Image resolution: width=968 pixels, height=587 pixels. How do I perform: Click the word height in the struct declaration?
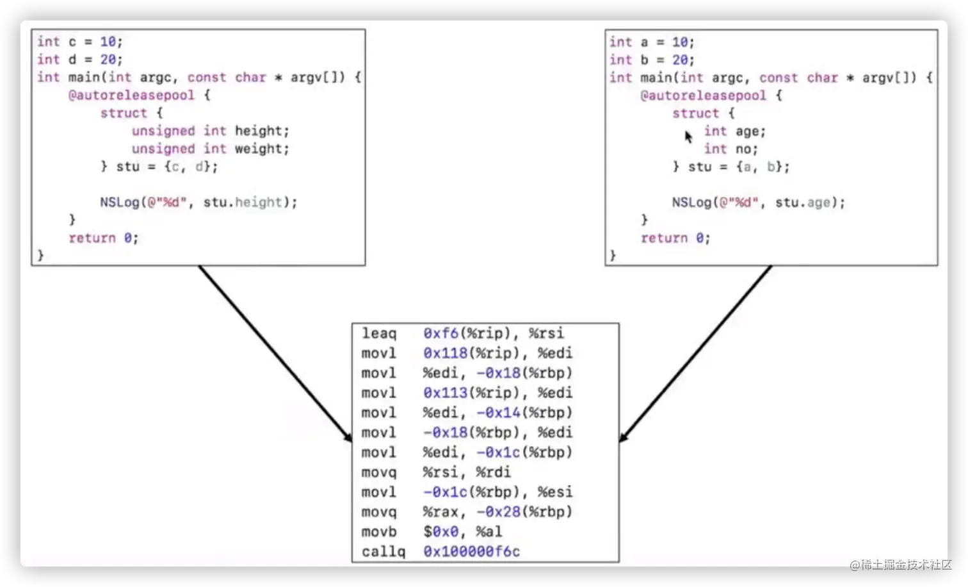coord(262,131)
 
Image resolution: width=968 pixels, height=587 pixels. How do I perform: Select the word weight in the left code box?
coord(262,149)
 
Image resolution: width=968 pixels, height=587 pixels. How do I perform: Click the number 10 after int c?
coord(108,42)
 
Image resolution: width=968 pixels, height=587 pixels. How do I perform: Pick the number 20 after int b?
coord(679,60)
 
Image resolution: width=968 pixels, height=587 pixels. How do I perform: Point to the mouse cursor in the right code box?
coord(688,136)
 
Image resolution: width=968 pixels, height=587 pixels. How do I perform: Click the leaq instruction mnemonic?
coord(379,333)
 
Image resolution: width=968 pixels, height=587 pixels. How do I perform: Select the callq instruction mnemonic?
coord(383,551)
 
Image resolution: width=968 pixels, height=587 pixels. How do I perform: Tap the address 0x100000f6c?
coord(471,551)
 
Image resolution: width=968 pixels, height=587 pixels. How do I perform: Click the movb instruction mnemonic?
coord(379,531)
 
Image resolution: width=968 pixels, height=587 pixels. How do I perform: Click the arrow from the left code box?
coord(275,353)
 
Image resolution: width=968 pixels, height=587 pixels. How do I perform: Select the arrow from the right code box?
coord(695,353)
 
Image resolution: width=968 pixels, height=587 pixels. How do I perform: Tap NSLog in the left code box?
coord(119,203)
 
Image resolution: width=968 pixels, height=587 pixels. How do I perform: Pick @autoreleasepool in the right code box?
coord(703,95)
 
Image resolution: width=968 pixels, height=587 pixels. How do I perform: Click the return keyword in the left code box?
coord(92,238)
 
